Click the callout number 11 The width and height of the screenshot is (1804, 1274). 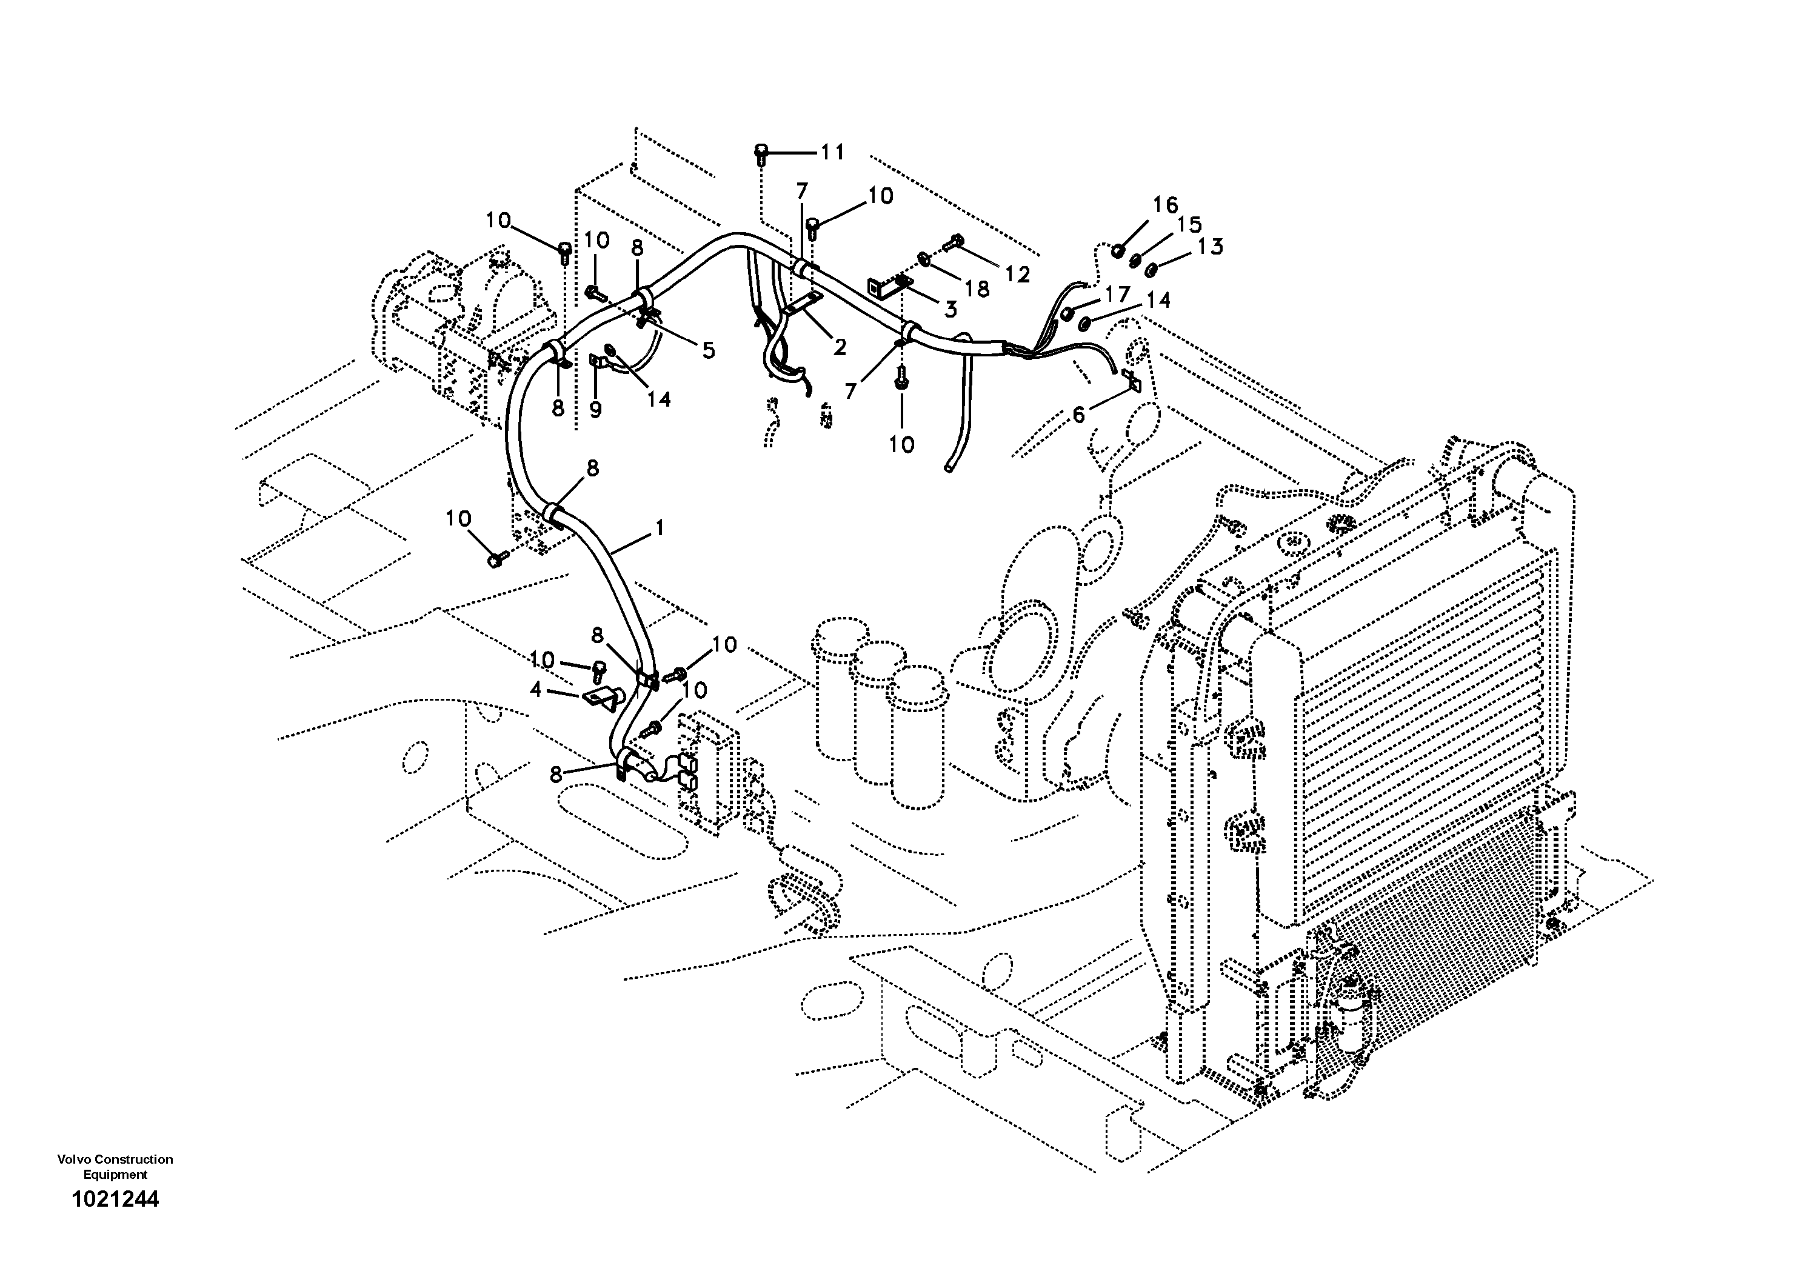click(832, 152)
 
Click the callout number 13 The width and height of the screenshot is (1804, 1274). click(1211, 247)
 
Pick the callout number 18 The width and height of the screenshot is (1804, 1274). click(977, 289)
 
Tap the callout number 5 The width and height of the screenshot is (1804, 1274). click(709, 350)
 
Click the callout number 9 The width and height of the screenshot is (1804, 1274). click(595, 409)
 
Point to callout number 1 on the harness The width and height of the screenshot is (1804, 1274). click(659, 528)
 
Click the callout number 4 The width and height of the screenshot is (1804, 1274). click(536, 690)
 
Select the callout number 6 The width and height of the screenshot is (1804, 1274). click(1079, 414)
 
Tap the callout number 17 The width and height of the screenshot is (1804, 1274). click(1117, 295)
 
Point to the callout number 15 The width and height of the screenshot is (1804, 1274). click(1189, 225)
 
